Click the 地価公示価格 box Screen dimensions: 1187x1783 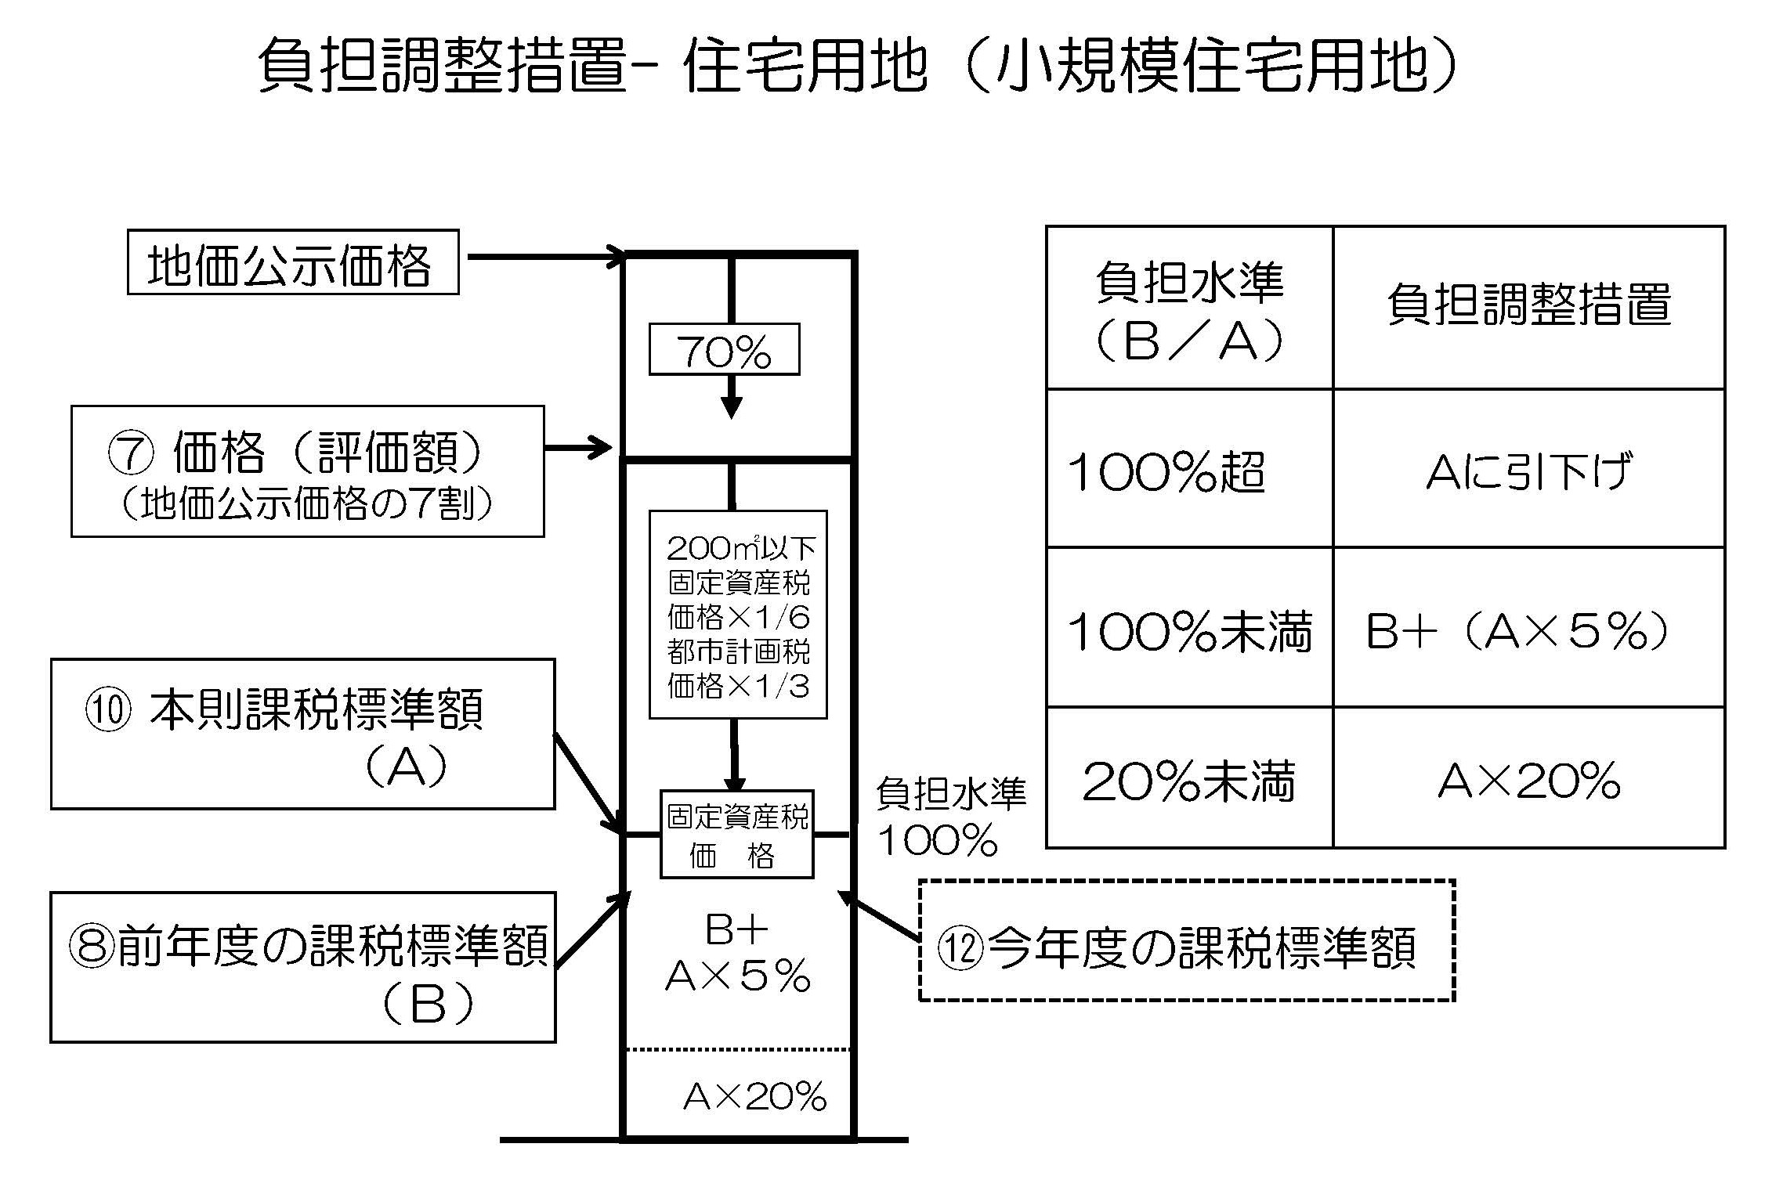tap(293, 262)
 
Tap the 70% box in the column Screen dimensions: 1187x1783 tap(724, 349)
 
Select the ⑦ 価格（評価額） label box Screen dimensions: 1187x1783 tap(307, 471)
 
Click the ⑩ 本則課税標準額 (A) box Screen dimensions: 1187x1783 tap(302, 734)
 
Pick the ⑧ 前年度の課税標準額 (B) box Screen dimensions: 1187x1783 tap(302, 967)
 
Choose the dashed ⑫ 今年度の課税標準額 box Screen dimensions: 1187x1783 tap(1186, 940)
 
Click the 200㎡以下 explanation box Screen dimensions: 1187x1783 tap(738, 615)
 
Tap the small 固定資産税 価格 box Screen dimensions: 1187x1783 tap(736, 835)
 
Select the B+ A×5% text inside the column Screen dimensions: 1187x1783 tap(737, 953)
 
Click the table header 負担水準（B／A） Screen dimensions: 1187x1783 tap(1189, 308)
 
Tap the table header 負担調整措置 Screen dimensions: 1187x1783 tap(1528, 307)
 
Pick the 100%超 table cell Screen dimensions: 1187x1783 tap(1189, 470)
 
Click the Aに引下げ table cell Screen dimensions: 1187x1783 tap(1528, 470)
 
